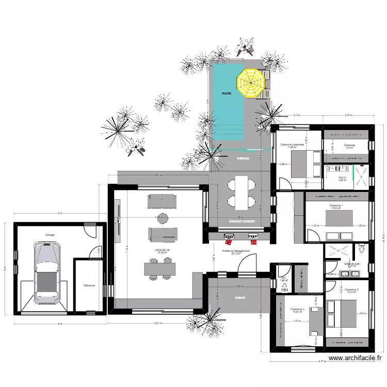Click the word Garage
[50, 234]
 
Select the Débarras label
[89, 285]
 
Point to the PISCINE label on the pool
[226, 93]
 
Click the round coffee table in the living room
[163, 217]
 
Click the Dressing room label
[349, 146]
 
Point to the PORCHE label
[239, 298]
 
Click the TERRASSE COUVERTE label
[239, 221]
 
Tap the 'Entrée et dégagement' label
[236, 251]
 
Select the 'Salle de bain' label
[352, 264]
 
